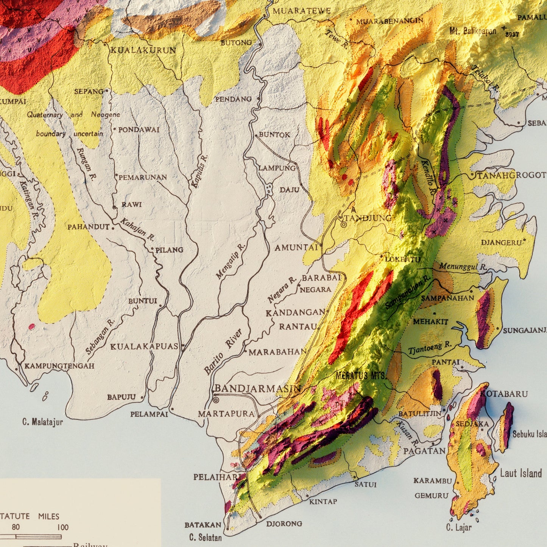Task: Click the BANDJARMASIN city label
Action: click(x=257, y=388)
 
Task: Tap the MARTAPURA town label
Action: click(x=226, y=414)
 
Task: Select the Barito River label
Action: click(x=223, y=352)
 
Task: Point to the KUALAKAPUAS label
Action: click(x=144, y=346)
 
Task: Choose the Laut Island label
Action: click(x=521, y=473)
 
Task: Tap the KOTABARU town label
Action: click(x=504, y=394)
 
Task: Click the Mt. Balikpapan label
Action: click(x=473, y=31)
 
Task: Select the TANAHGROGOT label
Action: click(x=511, y=175)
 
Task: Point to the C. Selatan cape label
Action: click(x=205, y=537)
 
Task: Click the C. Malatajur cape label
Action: click(x=42, y=422)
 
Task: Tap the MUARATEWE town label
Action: click(x=302, y=11)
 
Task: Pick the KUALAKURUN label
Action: click(x=143, y=50)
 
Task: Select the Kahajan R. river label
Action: click(x=137, y=229)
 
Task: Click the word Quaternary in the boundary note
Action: click(x=45, y=115)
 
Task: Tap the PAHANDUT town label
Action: click(x=88, y=227)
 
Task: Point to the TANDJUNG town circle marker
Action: click(x=343, y=224)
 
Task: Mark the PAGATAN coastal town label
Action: click(x=424, y=451)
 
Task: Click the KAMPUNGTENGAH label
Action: click(x=59, y=366)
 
